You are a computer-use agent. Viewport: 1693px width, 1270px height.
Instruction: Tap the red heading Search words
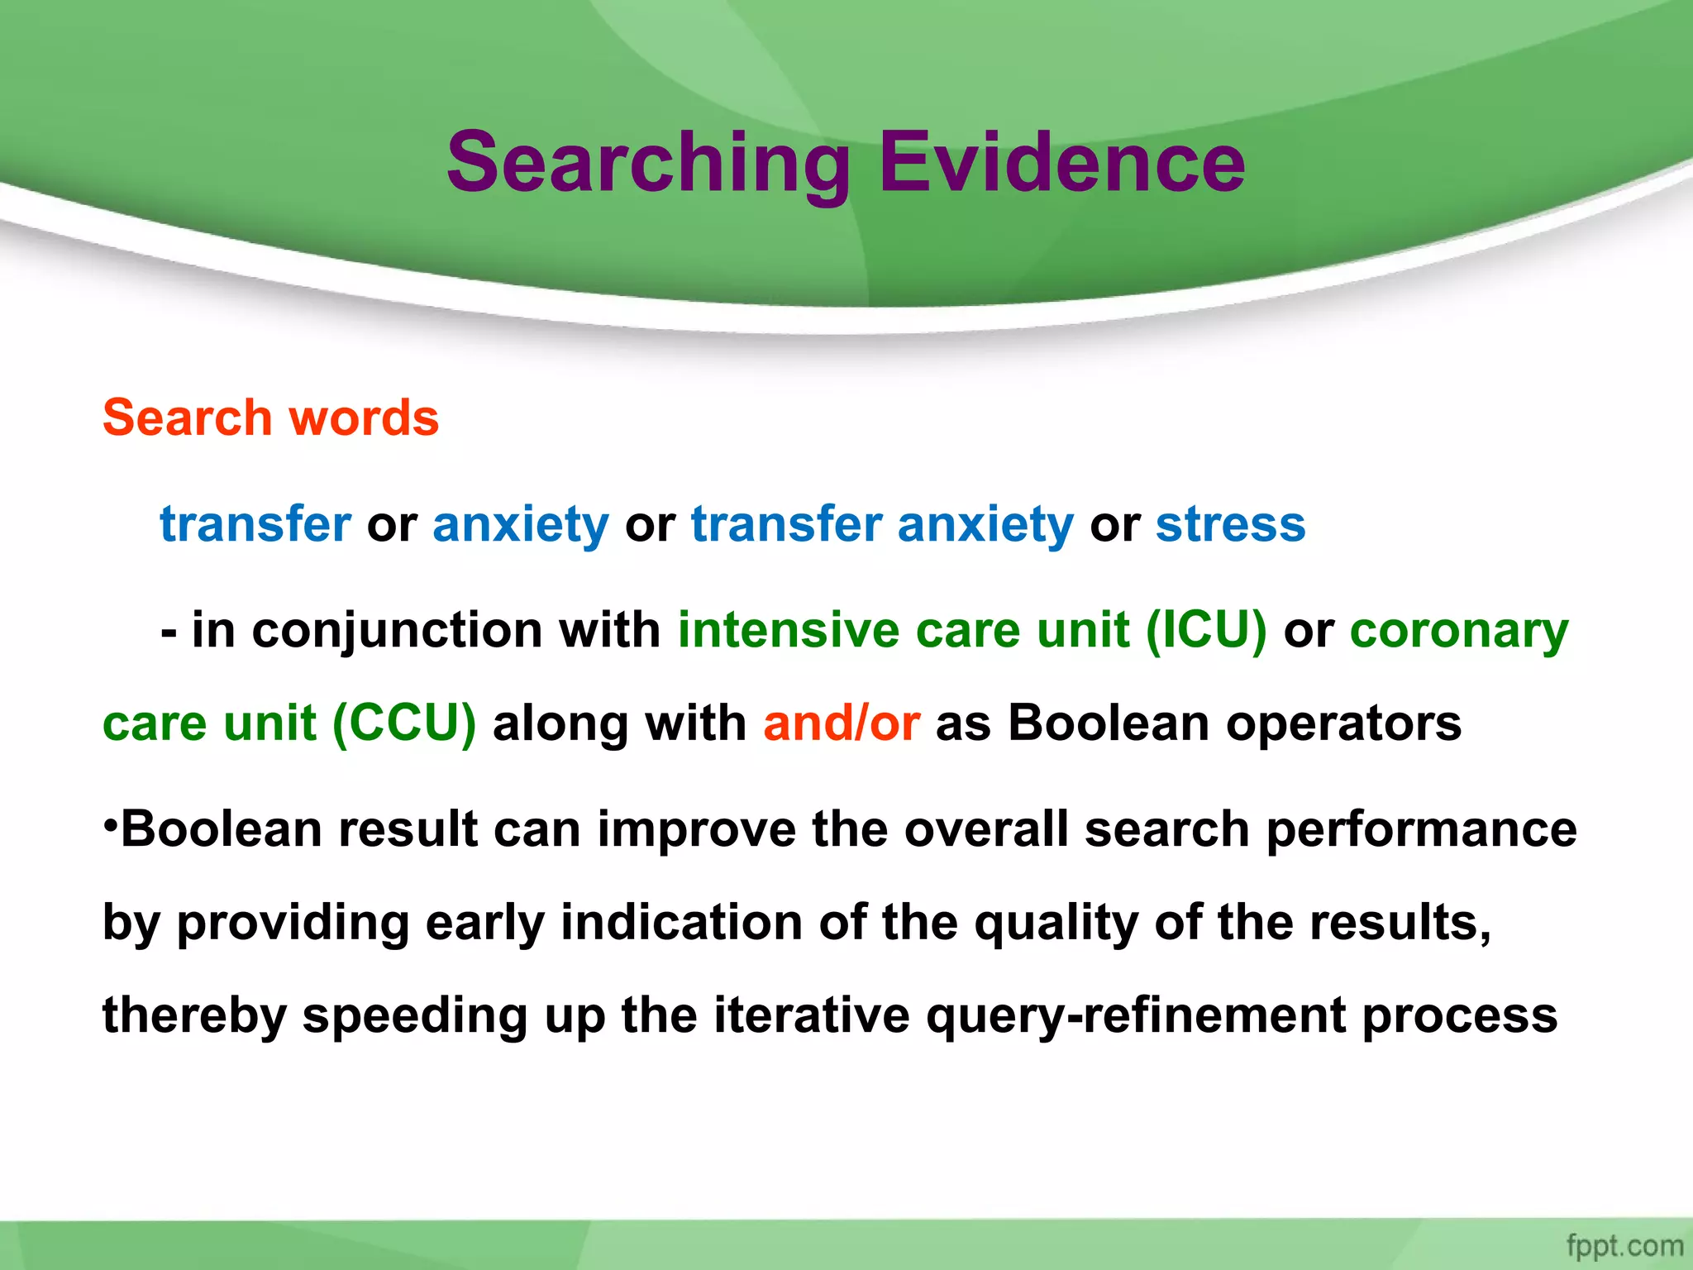pos(270,418)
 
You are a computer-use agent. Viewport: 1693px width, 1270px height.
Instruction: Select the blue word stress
pos(1230,524)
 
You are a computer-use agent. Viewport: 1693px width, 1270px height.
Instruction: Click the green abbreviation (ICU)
pos(1206,630)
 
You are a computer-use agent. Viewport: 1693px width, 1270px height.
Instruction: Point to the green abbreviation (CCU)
pos(404,723)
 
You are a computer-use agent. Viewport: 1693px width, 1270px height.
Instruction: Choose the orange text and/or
pos(841,723)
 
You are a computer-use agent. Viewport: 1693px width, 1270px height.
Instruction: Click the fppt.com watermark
pos(1624,1245)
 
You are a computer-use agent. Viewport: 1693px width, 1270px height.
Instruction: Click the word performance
pos(1422,830)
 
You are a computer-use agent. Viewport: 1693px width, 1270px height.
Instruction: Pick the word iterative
pos(812,1015)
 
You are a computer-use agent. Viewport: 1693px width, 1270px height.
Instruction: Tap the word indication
pos(681,923)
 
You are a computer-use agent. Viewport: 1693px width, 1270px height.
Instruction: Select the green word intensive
pos(788,630)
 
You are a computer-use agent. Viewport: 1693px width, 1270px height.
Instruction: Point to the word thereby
pos(193,1015)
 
